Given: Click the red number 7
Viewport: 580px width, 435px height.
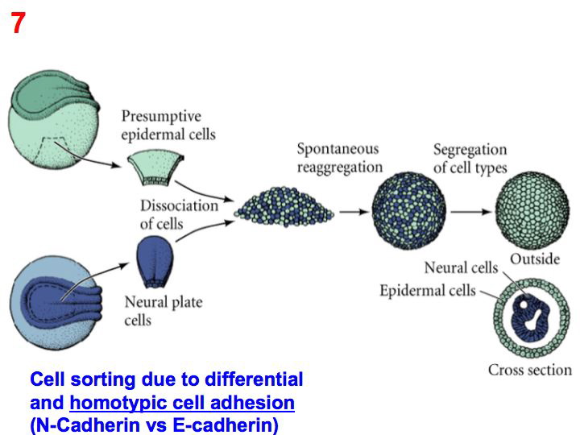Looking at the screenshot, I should coord(18,24).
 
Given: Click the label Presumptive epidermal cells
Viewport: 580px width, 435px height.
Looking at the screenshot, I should coord(168,125).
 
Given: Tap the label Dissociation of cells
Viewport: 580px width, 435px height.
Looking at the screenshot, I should coord(179,214).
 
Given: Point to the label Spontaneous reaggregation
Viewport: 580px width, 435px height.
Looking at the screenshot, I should coord(338,158).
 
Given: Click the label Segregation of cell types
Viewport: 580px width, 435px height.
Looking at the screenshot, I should coord(470,158).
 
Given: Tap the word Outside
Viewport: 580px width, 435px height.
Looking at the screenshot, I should coord(535,259).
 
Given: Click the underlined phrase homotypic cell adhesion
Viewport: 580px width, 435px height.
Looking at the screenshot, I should coord(182,402).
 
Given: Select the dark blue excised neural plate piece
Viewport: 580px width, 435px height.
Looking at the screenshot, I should coord(155,262).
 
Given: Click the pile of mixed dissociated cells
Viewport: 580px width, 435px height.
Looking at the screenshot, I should coord(285,208).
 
